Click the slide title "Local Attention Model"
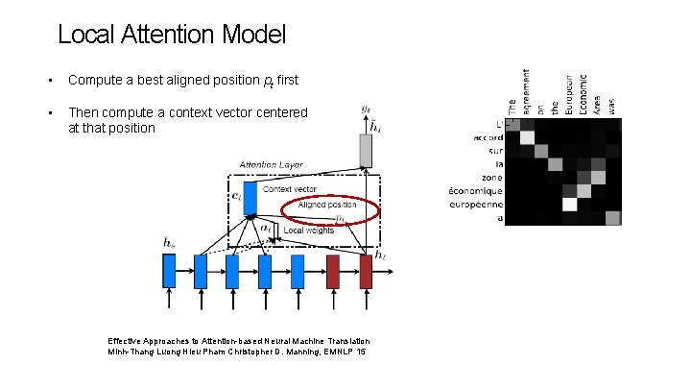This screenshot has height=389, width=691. [172, 36]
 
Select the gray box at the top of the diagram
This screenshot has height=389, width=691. [365, 150]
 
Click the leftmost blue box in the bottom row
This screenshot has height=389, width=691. [170, 271]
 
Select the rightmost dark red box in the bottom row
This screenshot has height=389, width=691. [365, 270]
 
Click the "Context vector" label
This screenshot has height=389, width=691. [289, 189]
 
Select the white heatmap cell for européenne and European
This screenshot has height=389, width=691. [569, 204]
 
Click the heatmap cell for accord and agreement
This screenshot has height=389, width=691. [526, 137]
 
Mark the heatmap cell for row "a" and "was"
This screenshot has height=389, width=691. [612, 217]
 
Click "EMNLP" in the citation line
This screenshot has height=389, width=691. [335, 353]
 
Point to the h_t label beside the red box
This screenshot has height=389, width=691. [383, 255]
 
